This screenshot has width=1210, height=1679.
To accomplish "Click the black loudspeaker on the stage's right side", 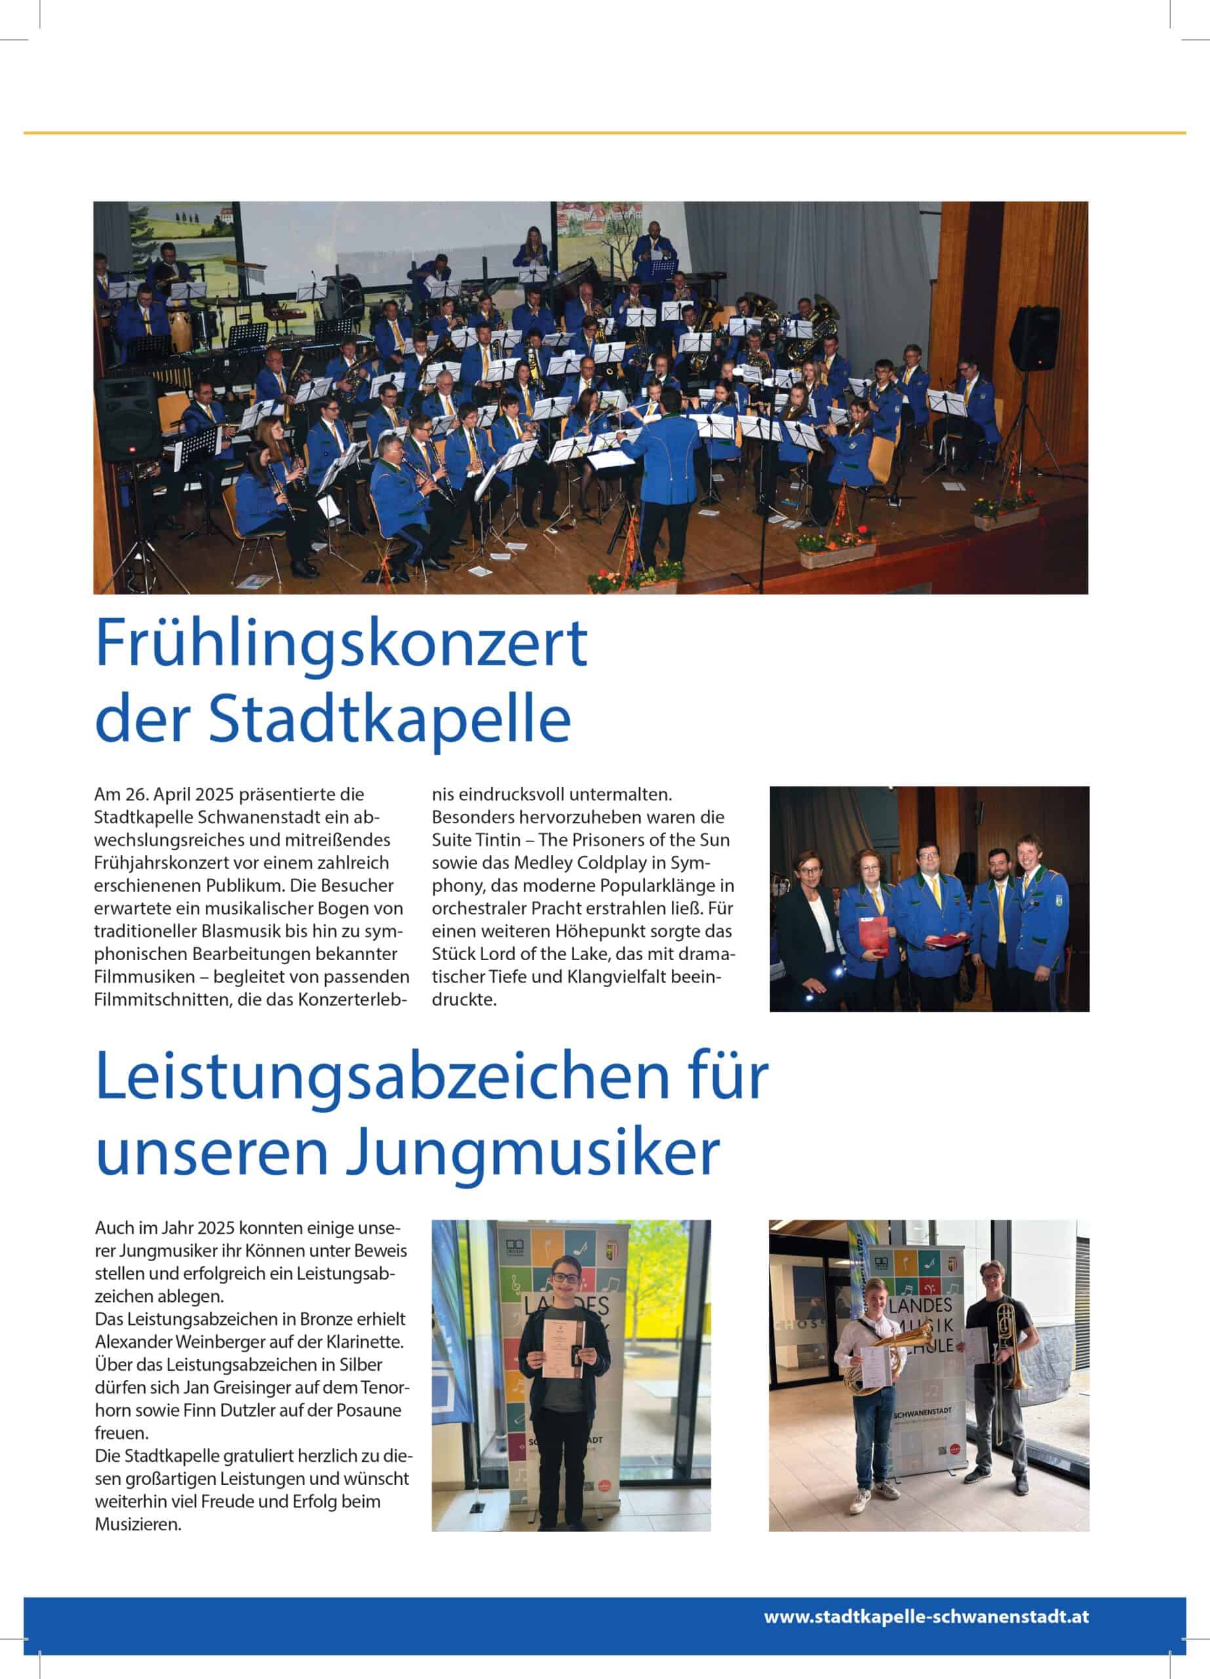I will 1034,337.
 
